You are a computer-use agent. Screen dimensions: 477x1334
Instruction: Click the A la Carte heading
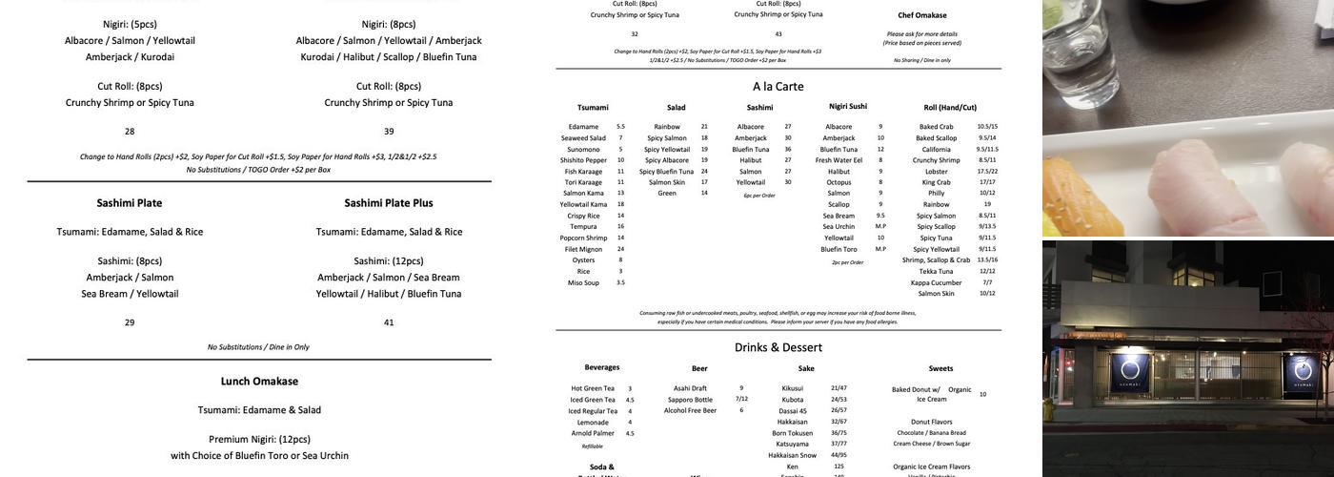pyautogui.click(x=778, y=86)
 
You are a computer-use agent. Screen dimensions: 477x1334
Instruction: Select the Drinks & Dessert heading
pyautogui.click(x=778, y=347)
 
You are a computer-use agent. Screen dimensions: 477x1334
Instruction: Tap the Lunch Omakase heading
pyautogui.click(x=259, y=381)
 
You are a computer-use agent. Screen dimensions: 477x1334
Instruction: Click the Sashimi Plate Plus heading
pyautogui.click(x=389, y=203)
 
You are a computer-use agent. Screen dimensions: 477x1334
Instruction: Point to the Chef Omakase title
pyautogui.click(x=921, y=15)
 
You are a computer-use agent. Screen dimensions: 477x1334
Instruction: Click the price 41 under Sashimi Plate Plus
pyautogui.click(x=389, y=322)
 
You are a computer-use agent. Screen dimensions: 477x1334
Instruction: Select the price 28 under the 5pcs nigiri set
pyautogui.click(x=130, y=132)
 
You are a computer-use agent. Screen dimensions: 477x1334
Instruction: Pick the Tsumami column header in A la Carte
pyautogui.click(x=593, y=108)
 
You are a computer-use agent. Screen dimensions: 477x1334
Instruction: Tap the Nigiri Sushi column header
pyautogui.click(x=848, y=106)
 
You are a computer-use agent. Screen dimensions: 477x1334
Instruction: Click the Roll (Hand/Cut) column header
pyautogui.click(x=950, y=108)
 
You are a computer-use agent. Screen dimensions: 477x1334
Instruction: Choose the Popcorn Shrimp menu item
pyautogui.click(x=583, y=238)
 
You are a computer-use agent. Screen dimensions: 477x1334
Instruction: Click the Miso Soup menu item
pyautogui.click(x=583, y=282)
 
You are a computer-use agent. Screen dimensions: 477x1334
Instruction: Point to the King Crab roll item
pyautogui.click(x=936, y=182)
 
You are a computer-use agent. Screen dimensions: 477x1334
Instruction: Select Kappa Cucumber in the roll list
pyautogui.click(x=936, y=282)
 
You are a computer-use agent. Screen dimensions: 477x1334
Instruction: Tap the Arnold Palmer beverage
pyautogui.click(x=590, y=433)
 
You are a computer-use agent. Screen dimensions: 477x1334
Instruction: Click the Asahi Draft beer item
pyautogui.click(x=690, y=388)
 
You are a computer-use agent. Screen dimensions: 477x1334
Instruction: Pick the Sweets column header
pyautogui.click(x=940, y=368)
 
